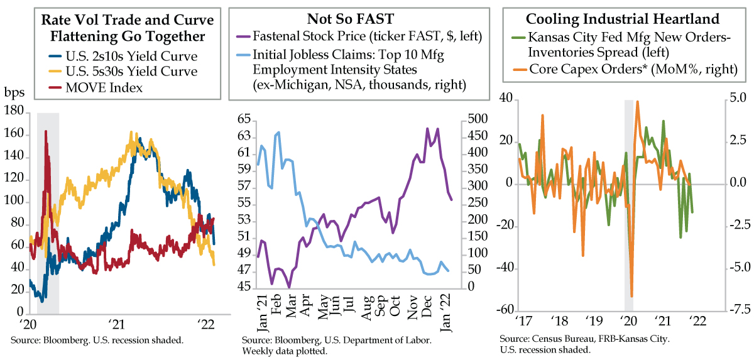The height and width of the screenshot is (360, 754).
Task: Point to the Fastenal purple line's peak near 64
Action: (428, 129)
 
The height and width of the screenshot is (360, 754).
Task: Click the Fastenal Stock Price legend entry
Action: (367, 36)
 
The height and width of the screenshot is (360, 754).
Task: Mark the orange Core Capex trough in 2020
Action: (631, 296)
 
